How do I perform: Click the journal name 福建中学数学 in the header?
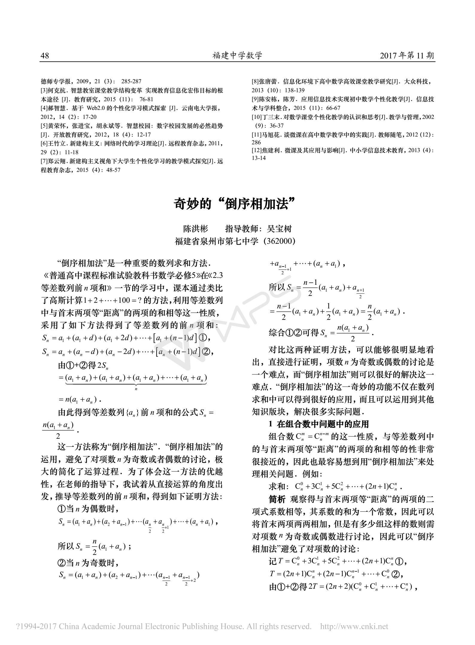237,56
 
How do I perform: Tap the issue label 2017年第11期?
407,56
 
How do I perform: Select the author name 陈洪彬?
195,229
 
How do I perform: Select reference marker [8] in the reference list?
255,81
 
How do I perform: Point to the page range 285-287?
131,81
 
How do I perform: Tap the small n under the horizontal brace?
136,389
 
